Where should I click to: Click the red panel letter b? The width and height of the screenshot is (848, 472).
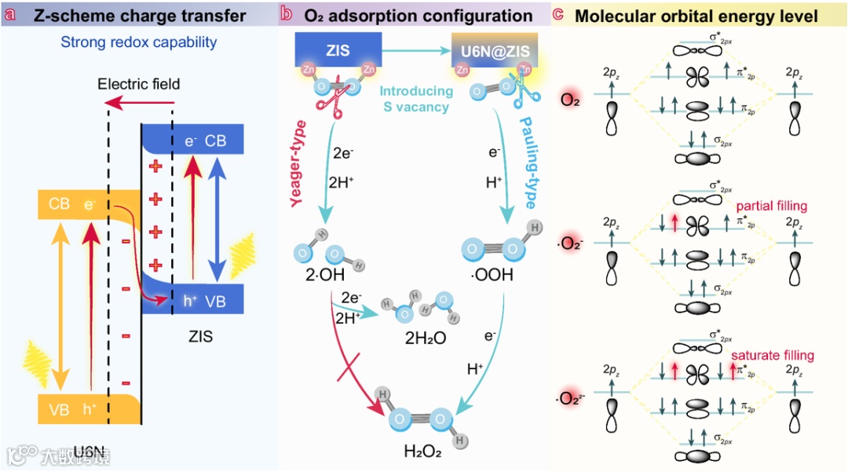[x=287, y=15]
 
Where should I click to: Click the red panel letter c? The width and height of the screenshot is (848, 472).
[x=559, y=15]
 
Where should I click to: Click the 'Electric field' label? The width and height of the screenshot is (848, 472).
[x=139, y=83]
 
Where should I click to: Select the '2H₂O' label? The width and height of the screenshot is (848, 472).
[x=426, y=338]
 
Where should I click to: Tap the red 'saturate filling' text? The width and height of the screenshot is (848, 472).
[x=773, y=355]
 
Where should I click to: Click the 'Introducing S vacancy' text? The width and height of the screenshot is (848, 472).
[x=417, y=99]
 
